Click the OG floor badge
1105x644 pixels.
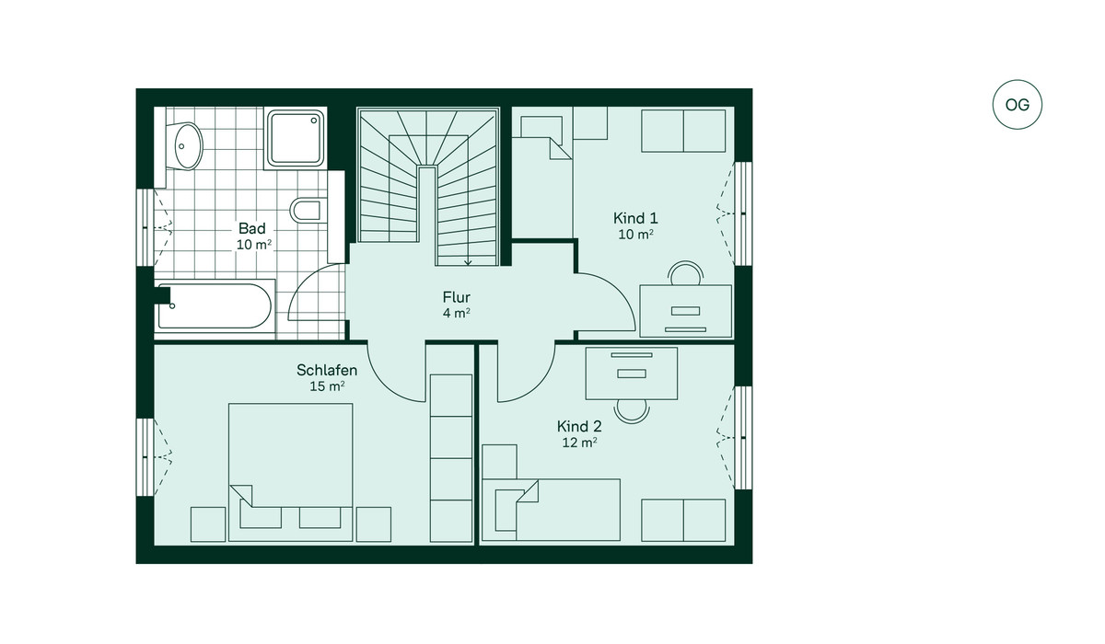point(1018,105)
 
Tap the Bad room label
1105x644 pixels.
point(252,228)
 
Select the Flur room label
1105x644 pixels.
point(457,297)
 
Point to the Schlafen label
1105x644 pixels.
point(327,370)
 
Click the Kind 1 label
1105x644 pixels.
point(635,218)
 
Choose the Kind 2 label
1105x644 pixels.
point(579,426)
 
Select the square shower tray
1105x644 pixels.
point(296,138)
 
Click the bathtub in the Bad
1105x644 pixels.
point(215,306)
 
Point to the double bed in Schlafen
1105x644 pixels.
point(291,473)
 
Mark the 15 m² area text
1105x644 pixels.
point(327,386)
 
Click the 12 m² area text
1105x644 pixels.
point(579,443)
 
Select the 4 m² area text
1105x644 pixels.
point(457,313)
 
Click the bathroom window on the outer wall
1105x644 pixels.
point(145,227)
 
